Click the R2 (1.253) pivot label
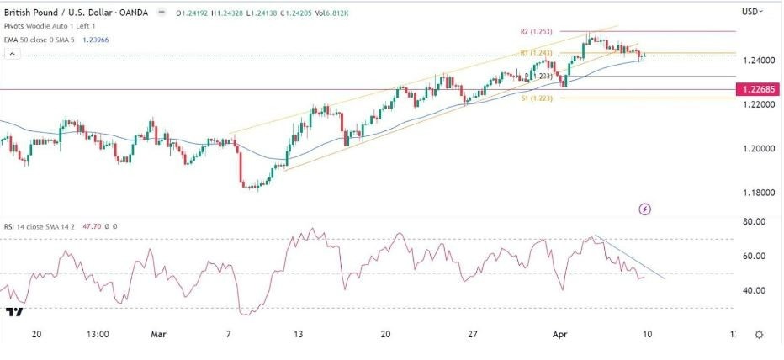point(536,30)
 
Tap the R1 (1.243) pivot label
point(536,53)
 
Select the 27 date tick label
point(473,334)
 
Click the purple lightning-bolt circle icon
point(645,208)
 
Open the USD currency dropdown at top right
point(751,12)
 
